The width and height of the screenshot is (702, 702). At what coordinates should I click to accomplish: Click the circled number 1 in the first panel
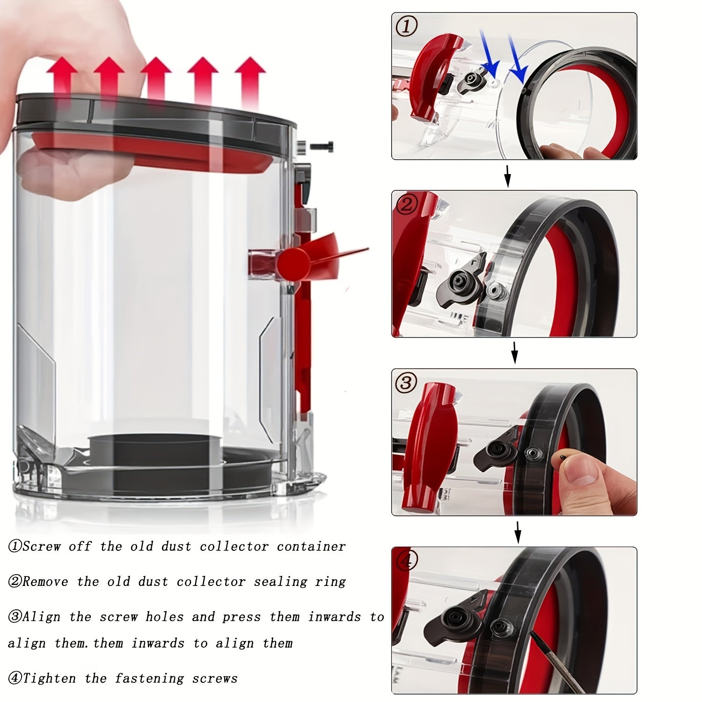pyautogui.click(x=406, y=27)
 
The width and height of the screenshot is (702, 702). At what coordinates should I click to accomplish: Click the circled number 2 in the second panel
pyautogui.click(x=406, y=205)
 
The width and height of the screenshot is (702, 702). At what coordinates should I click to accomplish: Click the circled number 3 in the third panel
pyautogui.click(x=406, y=383)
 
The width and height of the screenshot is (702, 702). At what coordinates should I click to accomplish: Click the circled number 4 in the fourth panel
pyautogui.click(x=406, y=561)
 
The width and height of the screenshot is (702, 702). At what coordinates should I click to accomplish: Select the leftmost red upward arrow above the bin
pyautogui.click(x=62, y=80)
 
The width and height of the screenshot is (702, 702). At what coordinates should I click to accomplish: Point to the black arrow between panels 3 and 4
pyautogui.click(x=518, y=533)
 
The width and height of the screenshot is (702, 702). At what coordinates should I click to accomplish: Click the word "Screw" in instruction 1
pyautogui.click(x=42, y=547)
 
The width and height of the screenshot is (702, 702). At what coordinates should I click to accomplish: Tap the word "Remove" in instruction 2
pyautogui.click(x=45, y=582)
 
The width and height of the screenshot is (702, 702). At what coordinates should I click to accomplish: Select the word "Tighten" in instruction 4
pyautogui.click(x=49, y=678)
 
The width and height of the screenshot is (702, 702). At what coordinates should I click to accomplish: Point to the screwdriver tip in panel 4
pyautogui.click(x=533, y=633)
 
